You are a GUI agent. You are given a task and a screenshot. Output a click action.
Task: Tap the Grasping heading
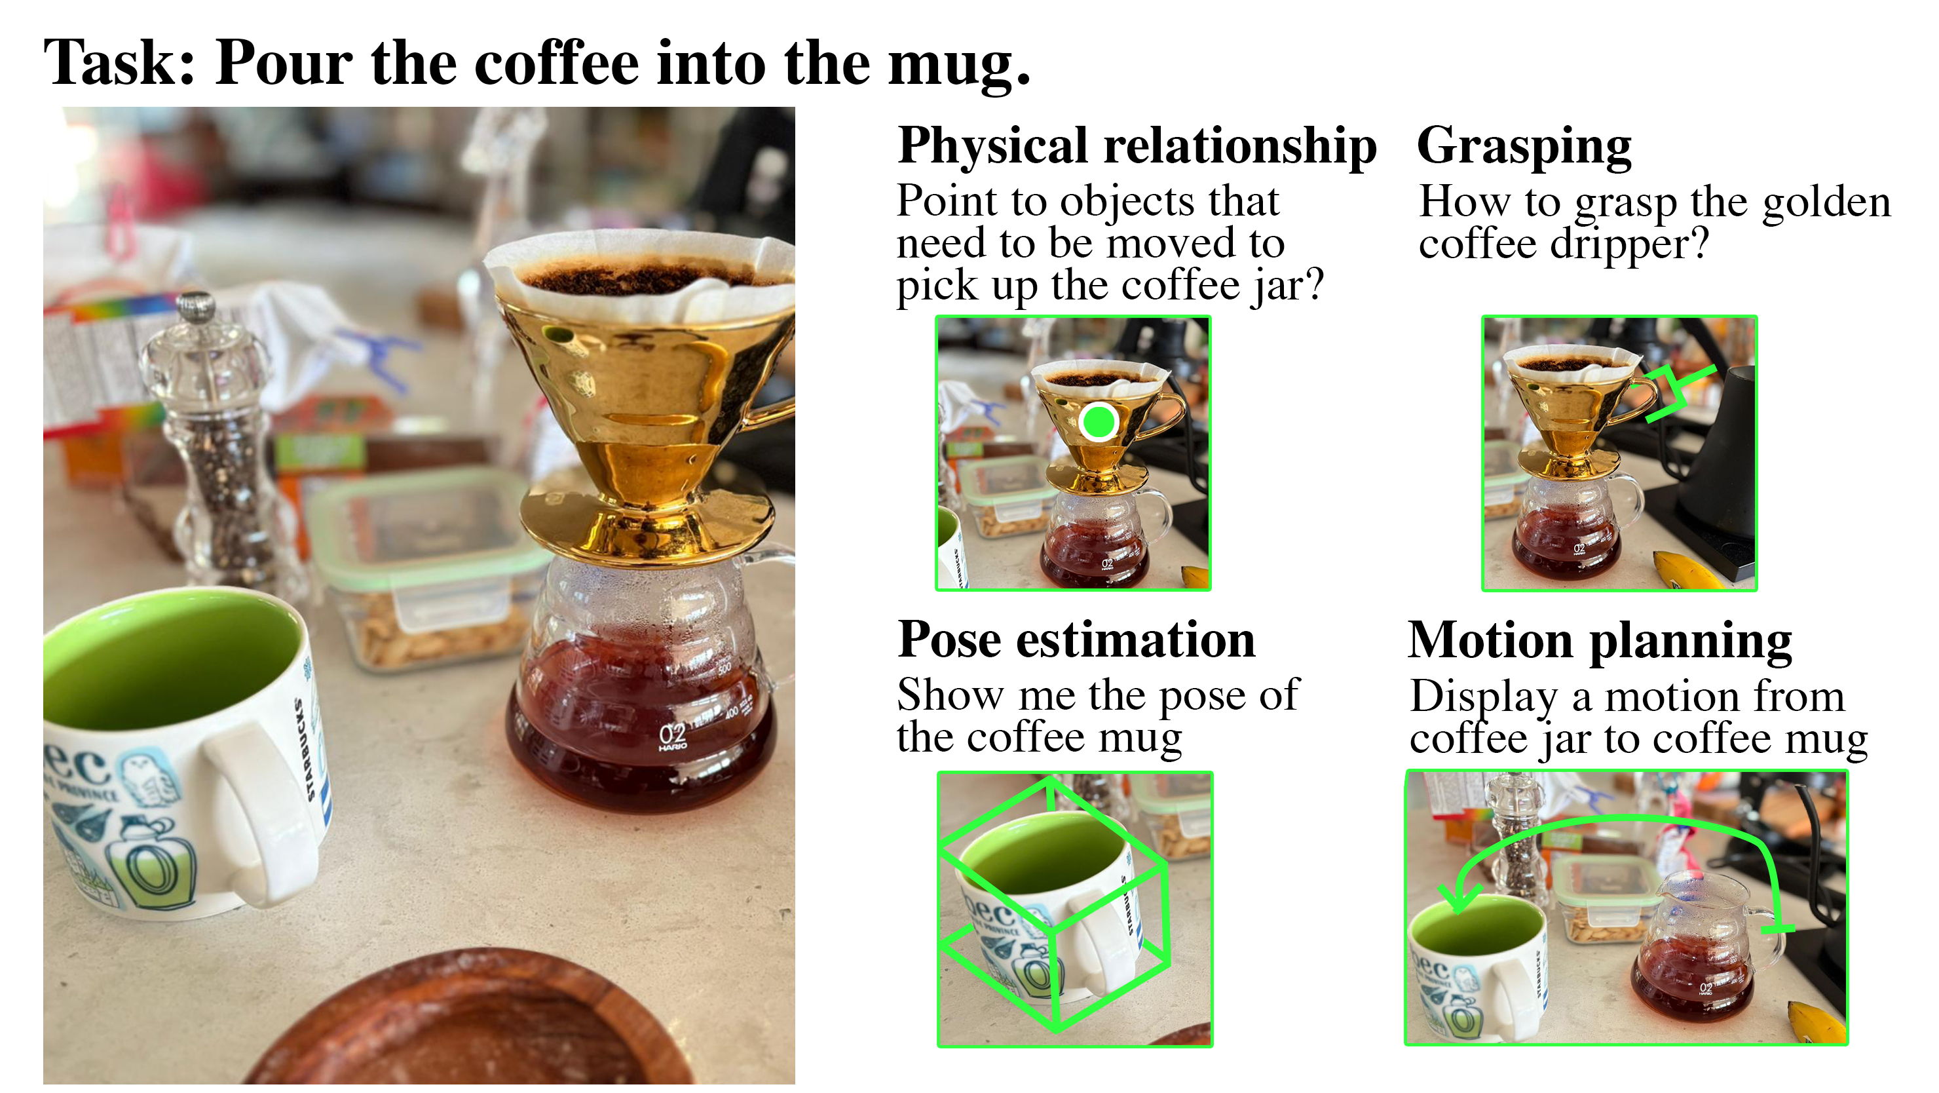1524,147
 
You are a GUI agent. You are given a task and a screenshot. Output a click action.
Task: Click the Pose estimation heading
1076,642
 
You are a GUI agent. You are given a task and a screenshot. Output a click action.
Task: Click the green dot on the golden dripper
1098,421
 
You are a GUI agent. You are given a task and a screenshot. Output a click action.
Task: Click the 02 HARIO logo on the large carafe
671,736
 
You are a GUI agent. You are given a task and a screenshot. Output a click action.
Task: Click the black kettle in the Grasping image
1716,474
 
